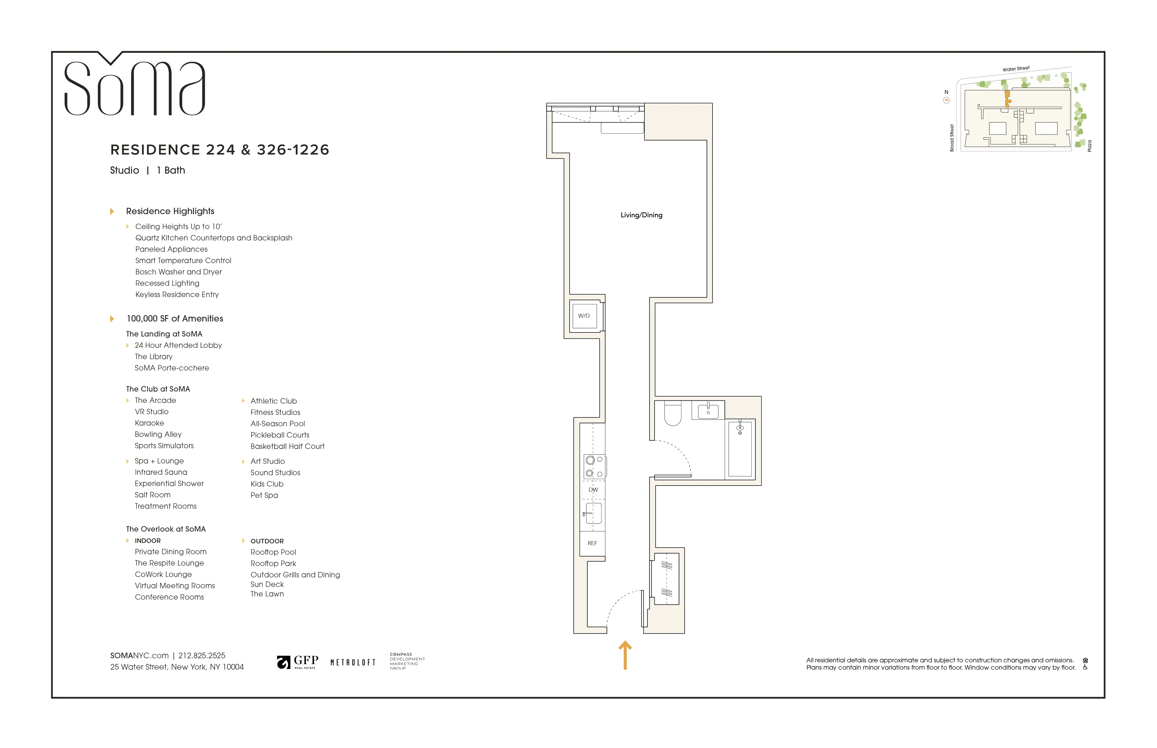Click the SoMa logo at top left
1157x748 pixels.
point(135,87)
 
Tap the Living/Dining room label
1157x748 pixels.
point(641,215)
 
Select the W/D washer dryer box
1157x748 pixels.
point(584,316)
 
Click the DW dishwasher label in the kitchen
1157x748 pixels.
point(593,490)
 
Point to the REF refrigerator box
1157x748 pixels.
point(592,543)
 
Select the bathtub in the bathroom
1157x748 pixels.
point(740,449)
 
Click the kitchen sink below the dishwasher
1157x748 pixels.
point(593,513)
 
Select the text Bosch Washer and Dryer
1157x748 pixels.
point(179,272)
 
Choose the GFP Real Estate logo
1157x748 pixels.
point(298,662)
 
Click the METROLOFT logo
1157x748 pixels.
point(353,663)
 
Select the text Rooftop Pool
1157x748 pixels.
point(273,552)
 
